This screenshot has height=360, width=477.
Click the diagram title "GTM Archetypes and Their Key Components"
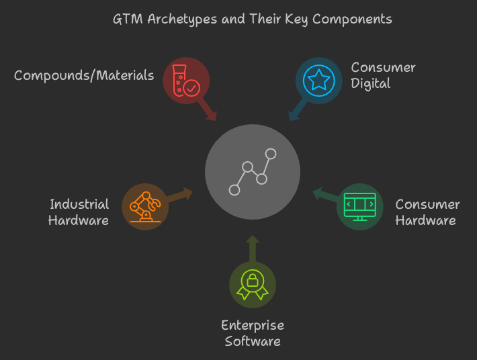[252, 19]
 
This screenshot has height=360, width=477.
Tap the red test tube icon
[186, 81]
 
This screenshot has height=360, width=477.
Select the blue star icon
[318, 80]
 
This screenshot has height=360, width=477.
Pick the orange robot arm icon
[145, 207]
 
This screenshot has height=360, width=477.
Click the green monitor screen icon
[359, 206]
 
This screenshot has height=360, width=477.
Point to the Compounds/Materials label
[84, 75]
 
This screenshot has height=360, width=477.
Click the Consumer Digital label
[383, 76]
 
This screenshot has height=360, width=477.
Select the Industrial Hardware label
[79, 212]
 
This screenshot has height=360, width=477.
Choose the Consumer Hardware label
[427, 212]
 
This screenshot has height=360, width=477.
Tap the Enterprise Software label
[253, 333]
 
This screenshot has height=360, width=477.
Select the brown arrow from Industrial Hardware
[179, 195]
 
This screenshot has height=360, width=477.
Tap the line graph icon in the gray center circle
[253, 172]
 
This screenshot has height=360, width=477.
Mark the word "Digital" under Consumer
[371, 84]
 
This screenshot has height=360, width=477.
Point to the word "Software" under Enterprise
[253, 341]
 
